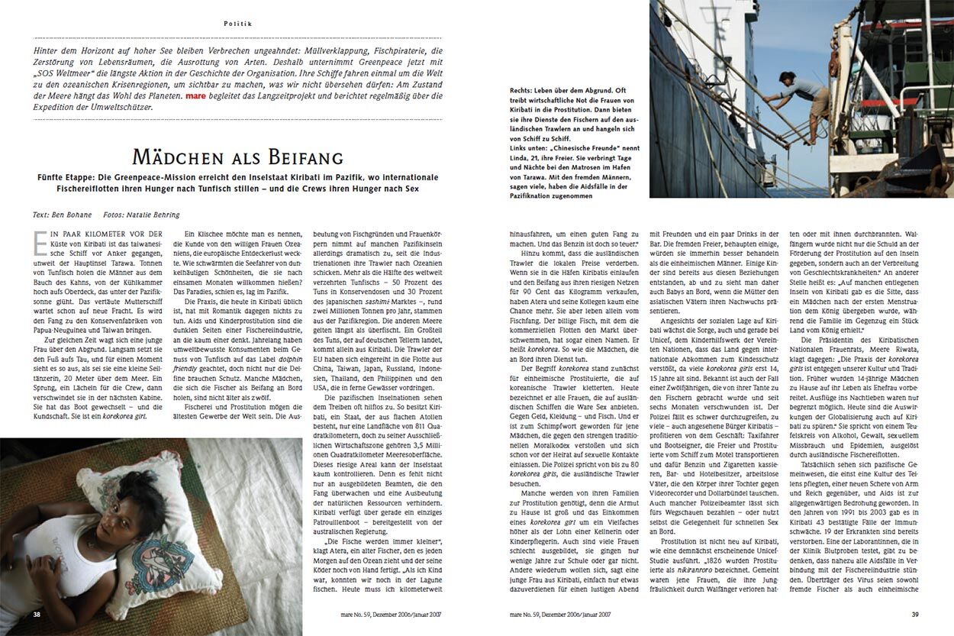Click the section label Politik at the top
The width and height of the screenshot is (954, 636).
click(238, 24)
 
